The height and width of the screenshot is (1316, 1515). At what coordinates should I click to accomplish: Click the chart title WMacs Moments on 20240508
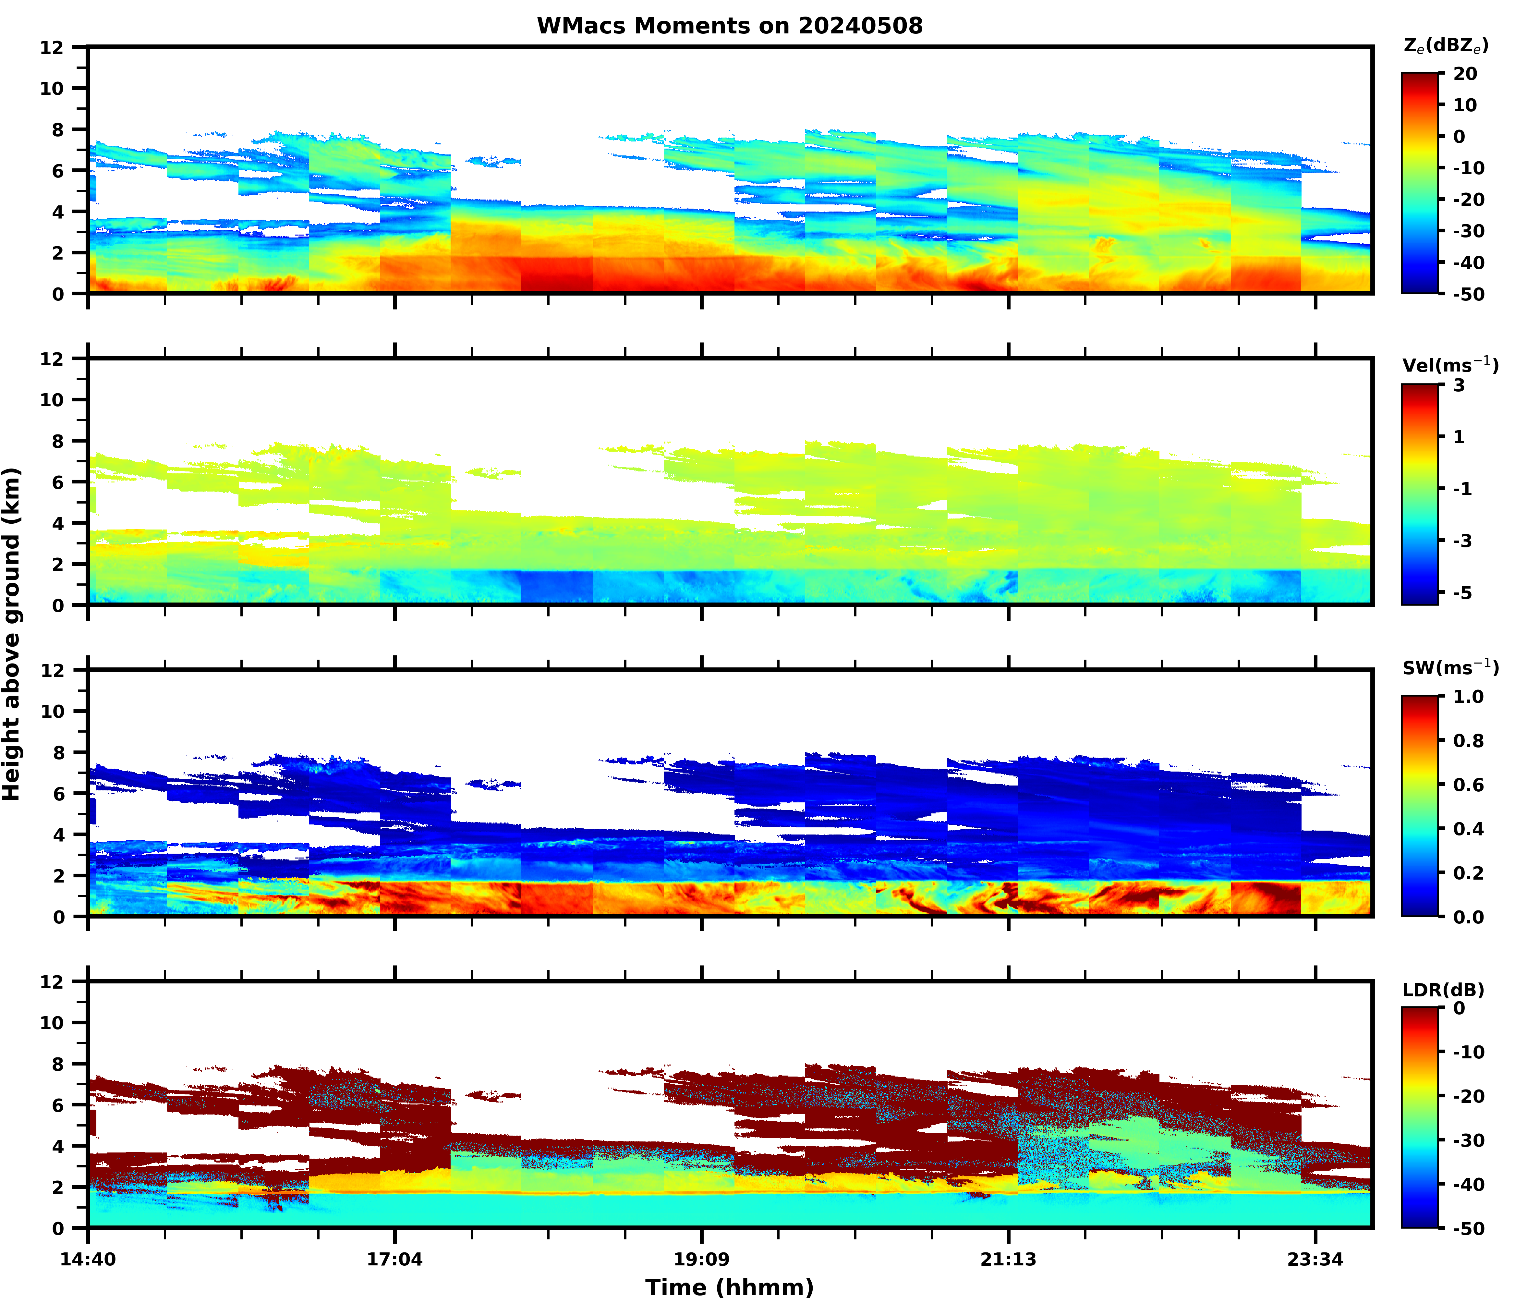tap(729, 26)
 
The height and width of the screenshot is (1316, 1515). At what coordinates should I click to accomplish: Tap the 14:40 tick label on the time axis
tap(88, 1260)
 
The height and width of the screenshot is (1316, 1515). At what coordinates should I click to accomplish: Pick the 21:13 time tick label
tap(1008, 1260)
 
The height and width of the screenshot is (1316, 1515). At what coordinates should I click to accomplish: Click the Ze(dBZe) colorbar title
tap(1445, 45)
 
